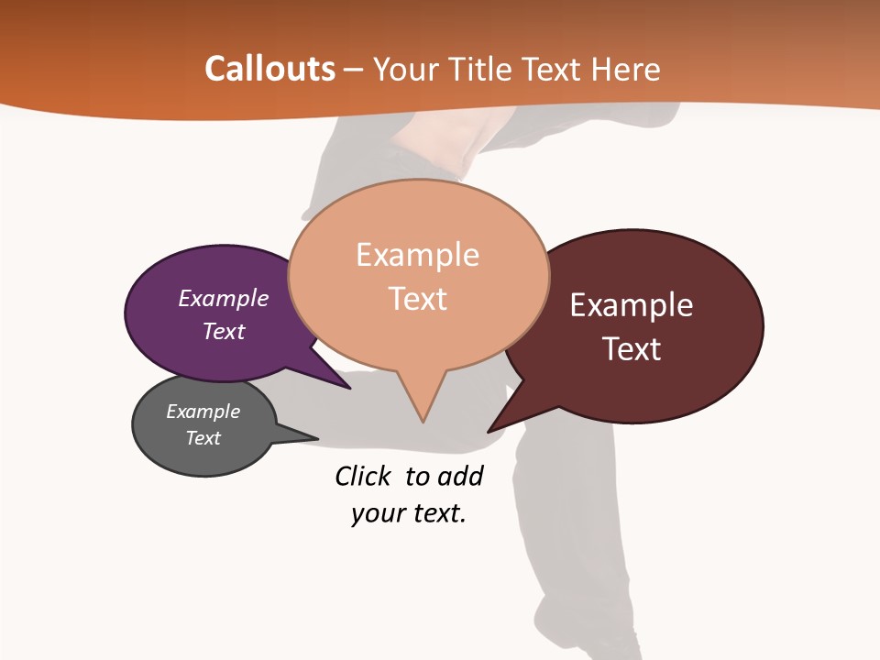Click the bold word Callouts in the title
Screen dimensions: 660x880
click(x=269, y=69)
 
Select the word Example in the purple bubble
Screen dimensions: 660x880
click(x=224, y=298)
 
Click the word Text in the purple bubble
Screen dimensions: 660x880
click(x=224, y=331)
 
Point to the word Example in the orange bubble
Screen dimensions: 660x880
click(x=417, y=255)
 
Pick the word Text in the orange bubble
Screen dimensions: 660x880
click(x=418, y=299)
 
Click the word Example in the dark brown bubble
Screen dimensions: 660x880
click(x=632, y=305)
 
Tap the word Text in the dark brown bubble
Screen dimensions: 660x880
click(x=632, y=349)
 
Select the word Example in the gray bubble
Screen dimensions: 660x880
click(x=203, y=412)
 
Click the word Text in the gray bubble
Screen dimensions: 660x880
click(x=203, y=438)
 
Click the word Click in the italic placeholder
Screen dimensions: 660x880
click(x=364, y=476)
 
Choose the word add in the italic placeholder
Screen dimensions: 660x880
click(x=460, y=476)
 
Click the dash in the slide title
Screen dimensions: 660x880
click(x=355, y=69)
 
